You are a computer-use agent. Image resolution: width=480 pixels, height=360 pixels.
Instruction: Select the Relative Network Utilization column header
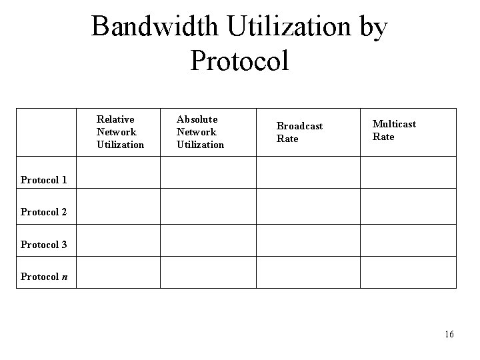click(120, 132)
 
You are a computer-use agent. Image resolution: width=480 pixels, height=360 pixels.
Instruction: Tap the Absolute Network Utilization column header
click(200, 132)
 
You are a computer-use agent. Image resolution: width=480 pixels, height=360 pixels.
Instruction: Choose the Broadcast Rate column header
click(299, 132)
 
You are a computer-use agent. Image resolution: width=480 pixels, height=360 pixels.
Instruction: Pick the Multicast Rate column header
click(393, 130)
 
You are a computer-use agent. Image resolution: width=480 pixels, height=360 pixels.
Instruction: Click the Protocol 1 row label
click(44, 179)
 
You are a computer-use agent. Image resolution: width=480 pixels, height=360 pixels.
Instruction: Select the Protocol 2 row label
click(44, 212)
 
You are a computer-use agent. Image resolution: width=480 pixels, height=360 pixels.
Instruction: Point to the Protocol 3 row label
click(44, 245)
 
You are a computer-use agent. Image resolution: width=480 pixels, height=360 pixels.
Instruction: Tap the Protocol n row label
click(44, 277)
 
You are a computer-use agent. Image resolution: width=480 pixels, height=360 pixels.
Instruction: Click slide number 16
click(449, 334)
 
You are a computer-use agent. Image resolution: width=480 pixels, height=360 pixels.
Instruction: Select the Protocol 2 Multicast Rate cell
click(408, 207)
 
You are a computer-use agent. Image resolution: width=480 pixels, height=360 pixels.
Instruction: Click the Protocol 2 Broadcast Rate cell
click(309, 207)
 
